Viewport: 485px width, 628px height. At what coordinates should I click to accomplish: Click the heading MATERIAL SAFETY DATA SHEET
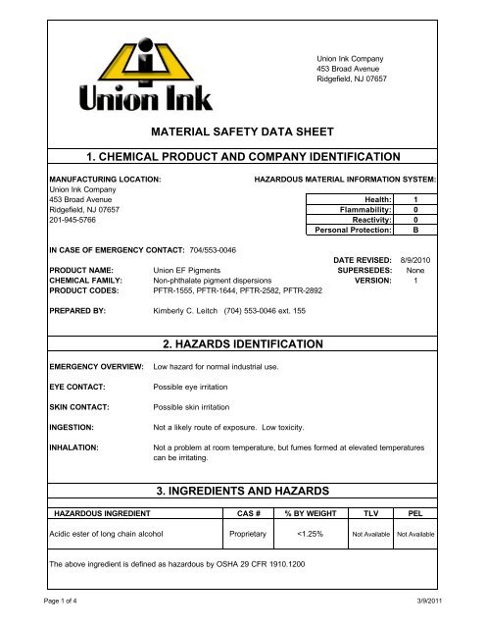click(242, 131)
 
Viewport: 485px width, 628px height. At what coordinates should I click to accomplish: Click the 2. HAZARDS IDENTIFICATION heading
click(242, 344)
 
